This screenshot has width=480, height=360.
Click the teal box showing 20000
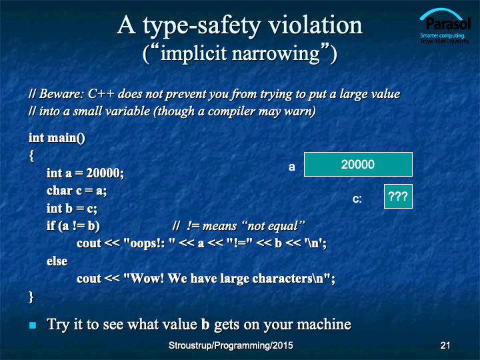pos(358,165)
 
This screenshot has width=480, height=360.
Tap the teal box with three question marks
pos(398,196)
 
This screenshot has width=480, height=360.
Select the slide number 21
pos(445,345)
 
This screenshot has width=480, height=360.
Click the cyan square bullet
pos(33,325)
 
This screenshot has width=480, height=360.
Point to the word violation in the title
pos(315,25)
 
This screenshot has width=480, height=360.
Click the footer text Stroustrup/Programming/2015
pos(231,345)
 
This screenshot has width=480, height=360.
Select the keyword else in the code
pos(57,261)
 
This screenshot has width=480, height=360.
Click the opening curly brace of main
pos(31,155)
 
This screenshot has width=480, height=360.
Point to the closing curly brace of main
pos(31,297)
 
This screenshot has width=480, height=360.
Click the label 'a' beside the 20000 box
pos(292,167)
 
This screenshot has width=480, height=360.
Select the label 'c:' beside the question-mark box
pos(357,199)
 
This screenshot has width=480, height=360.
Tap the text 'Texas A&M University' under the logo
pos(445,41)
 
